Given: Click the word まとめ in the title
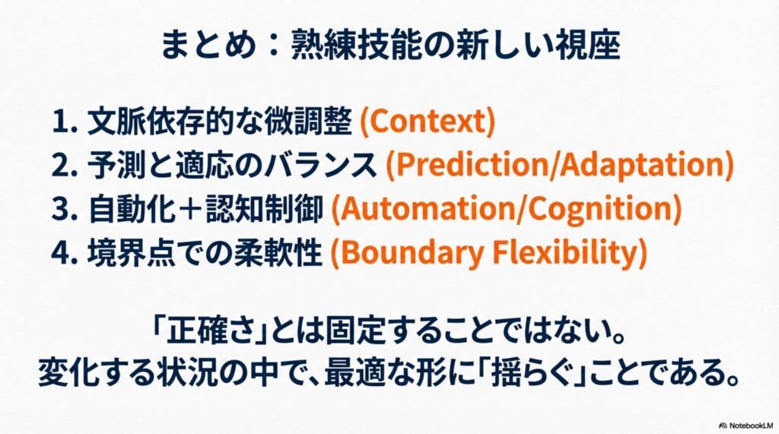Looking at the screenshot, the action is coord(208,45).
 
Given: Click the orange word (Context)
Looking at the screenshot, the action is coord(427,121).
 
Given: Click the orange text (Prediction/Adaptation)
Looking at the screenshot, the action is coord(559,165).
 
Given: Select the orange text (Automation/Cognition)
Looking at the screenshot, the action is coord(506,208).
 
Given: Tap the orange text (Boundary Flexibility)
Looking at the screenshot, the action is coord(489,252).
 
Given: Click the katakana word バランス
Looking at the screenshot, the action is coord(320,166).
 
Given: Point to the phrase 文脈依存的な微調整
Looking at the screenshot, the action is coord(219,121).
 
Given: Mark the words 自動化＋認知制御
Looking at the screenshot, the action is coord(205,209).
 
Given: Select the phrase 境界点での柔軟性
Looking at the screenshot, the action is coord(205,252).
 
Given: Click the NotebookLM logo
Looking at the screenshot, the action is coord(746,426).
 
